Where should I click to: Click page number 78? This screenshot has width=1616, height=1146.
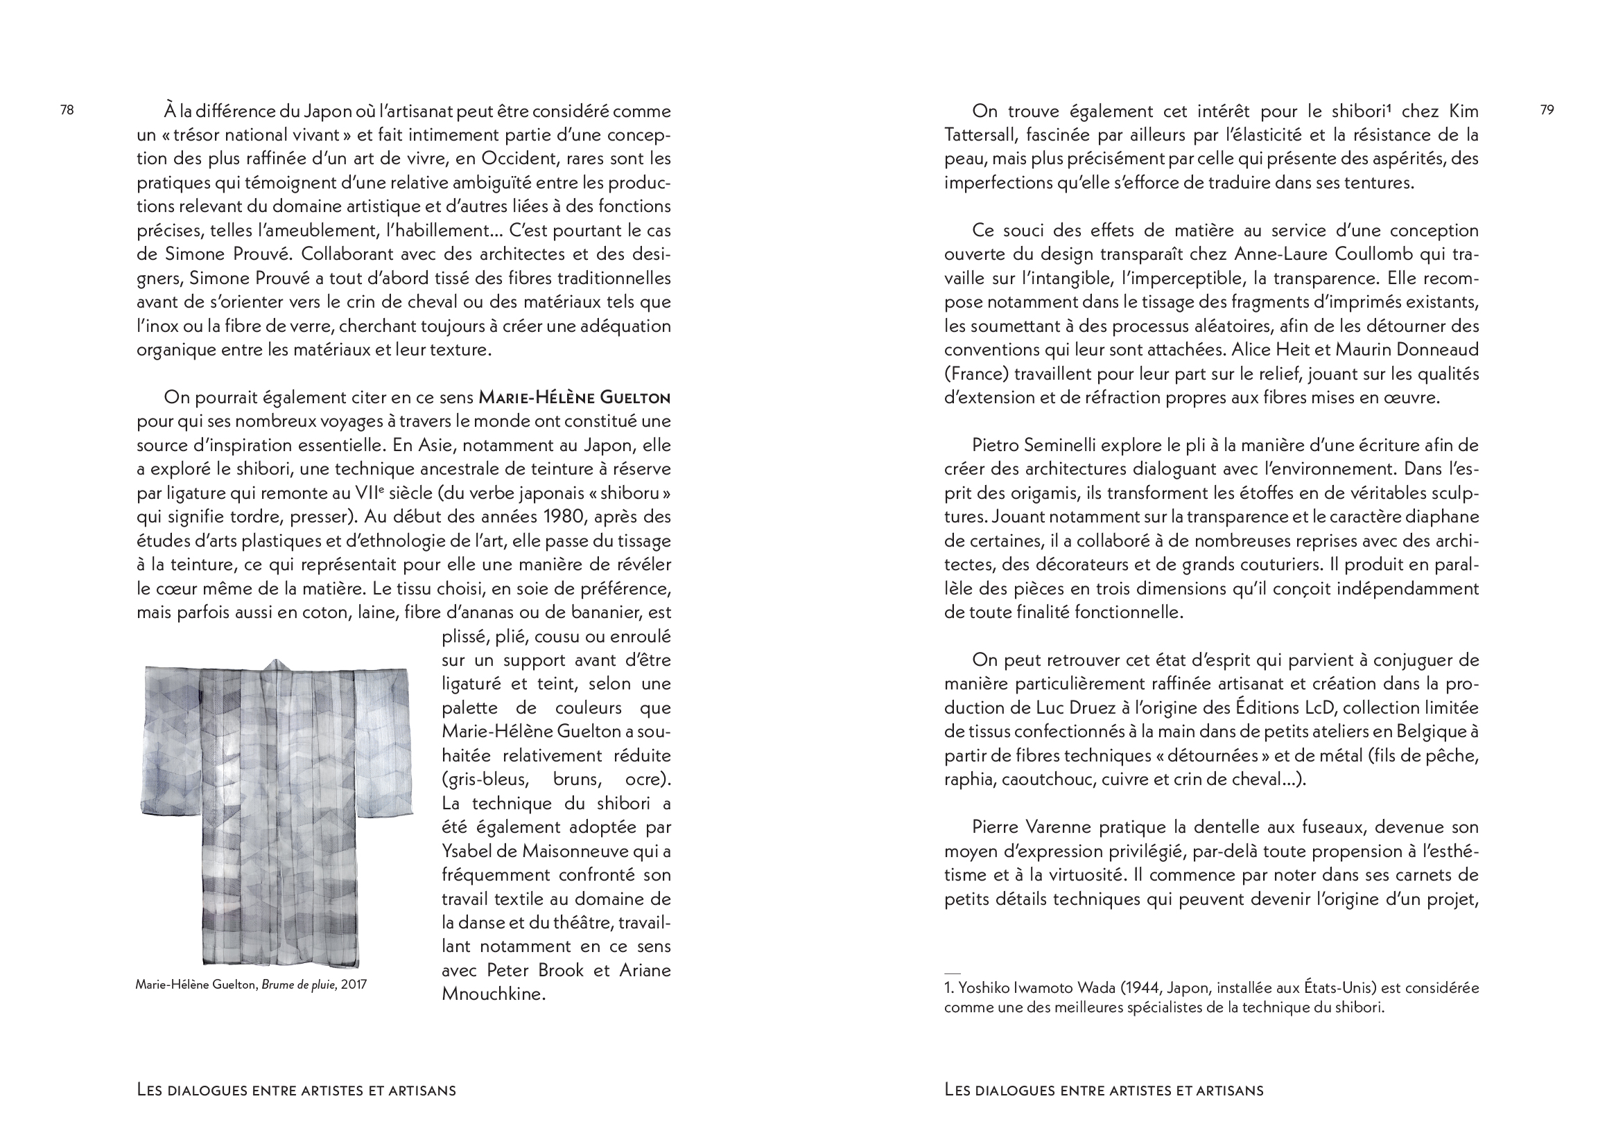coord(67,110)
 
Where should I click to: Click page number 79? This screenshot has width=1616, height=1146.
coord(1547,110)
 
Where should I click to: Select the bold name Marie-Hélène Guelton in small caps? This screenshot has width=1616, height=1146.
coord(574,398)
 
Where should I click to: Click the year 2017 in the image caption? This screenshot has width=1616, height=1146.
coord(354,985)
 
